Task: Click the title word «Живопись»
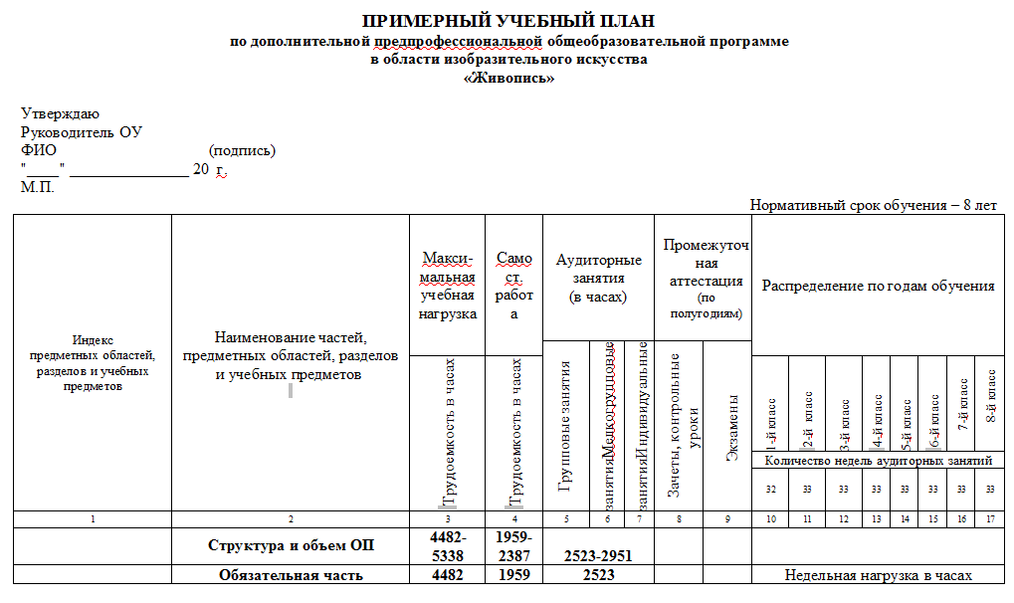[508, 79]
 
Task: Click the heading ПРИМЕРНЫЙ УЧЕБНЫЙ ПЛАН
[508, 21]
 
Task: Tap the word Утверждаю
[60, 114]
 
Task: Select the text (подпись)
[242, 150]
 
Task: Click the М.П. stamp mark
[38, 187]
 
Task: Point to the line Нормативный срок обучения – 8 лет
[873, 205]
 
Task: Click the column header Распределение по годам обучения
[878, 286]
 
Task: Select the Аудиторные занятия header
[598, 278]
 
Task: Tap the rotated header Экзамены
[732, 428]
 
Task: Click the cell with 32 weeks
[770, 489]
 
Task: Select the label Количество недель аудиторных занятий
[878, 461]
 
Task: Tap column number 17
[990, 518]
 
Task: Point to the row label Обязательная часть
[291, 574]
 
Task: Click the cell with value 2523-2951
[598, 555]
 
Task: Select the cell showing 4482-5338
[448, 545]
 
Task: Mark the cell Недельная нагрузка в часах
[878, 574]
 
